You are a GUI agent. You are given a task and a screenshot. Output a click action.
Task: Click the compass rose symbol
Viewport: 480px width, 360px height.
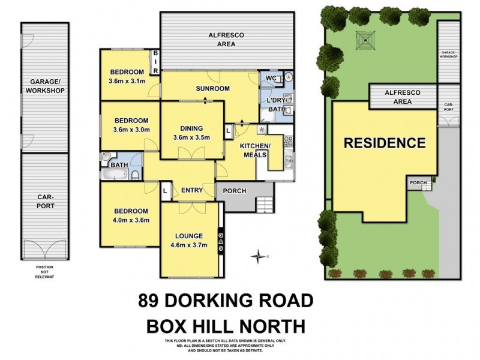(x=259, y=256)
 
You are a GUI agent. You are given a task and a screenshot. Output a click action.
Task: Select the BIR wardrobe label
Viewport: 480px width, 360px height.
(x=155, y=62)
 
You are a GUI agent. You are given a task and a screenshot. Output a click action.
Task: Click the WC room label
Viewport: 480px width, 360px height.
(x=270, y=77)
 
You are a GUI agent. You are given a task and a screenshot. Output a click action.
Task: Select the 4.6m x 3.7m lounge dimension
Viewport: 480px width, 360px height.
(x=189, y=245)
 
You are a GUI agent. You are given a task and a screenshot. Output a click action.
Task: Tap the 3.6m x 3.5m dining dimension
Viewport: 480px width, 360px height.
(x=189, y=137)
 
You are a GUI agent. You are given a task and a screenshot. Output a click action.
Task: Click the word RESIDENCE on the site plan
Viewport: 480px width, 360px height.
(x=384, y=143)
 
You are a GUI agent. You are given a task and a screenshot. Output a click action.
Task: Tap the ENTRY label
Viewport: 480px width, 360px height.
(x=191, y=190)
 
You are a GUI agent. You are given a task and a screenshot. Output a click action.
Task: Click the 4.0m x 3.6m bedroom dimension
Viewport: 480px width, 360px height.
(x=128, y=220)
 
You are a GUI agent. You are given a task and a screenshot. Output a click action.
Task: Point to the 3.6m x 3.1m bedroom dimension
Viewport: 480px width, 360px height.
(x=127, y=81)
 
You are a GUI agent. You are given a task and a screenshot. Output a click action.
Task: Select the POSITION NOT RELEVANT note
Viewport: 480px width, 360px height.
(x=44, y=271)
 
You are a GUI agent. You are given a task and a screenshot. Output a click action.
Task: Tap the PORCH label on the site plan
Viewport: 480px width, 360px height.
(x=417, y=183)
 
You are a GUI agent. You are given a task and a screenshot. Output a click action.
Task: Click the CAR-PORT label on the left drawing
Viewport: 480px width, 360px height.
(x=45, y=201)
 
